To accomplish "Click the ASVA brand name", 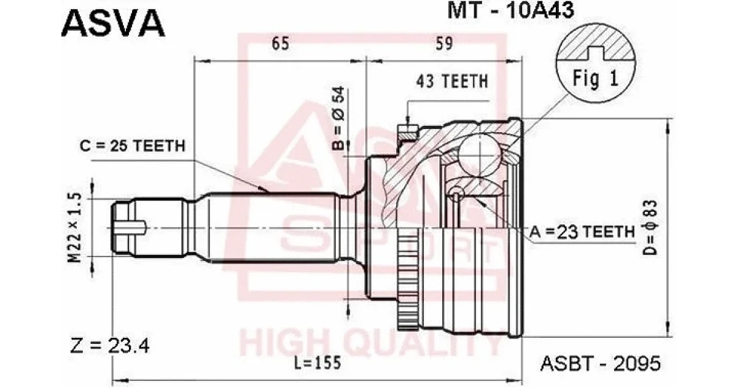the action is coord(113,23).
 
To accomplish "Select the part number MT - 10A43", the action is coord(510,10).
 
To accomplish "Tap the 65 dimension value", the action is coord(280,44).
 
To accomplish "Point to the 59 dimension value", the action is coord(444,43).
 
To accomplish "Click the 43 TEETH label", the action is coord(452,81).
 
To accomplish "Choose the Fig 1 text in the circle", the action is coord(596,79).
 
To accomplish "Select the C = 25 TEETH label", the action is coord(133,146).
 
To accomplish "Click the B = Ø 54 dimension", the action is coord(338,119).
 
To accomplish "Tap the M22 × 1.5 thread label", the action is coord(74,228).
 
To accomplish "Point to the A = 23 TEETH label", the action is coord(582,232).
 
